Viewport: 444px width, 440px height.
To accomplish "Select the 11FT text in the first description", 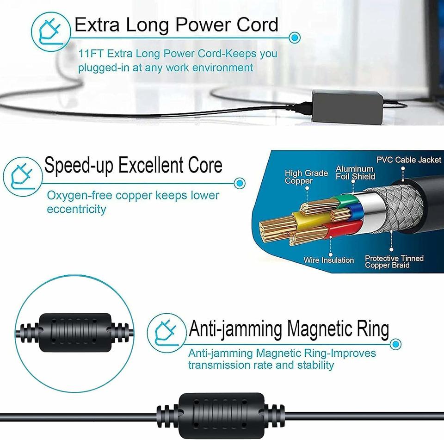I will tap(90, 54).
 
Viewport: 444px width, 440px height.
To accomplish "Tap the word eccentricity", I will tap(76, 209).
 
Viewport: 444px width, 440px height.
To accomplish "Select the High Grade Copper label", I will tap(306, 177).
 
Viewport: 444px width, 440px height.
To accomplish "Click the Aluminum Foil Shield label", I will tap(355, 173).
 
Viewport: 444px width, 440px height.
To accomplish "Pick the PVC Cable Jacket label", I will tap(409, 160).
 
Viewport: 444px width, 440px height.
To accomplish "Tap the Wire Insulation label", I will tap(328, 260).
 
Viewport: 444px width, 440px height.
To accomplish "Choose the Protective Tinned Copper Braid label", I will tap(394, 262).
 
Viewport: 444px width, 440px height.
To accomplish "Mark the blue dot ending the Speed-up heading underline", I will tap(239, 183).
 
